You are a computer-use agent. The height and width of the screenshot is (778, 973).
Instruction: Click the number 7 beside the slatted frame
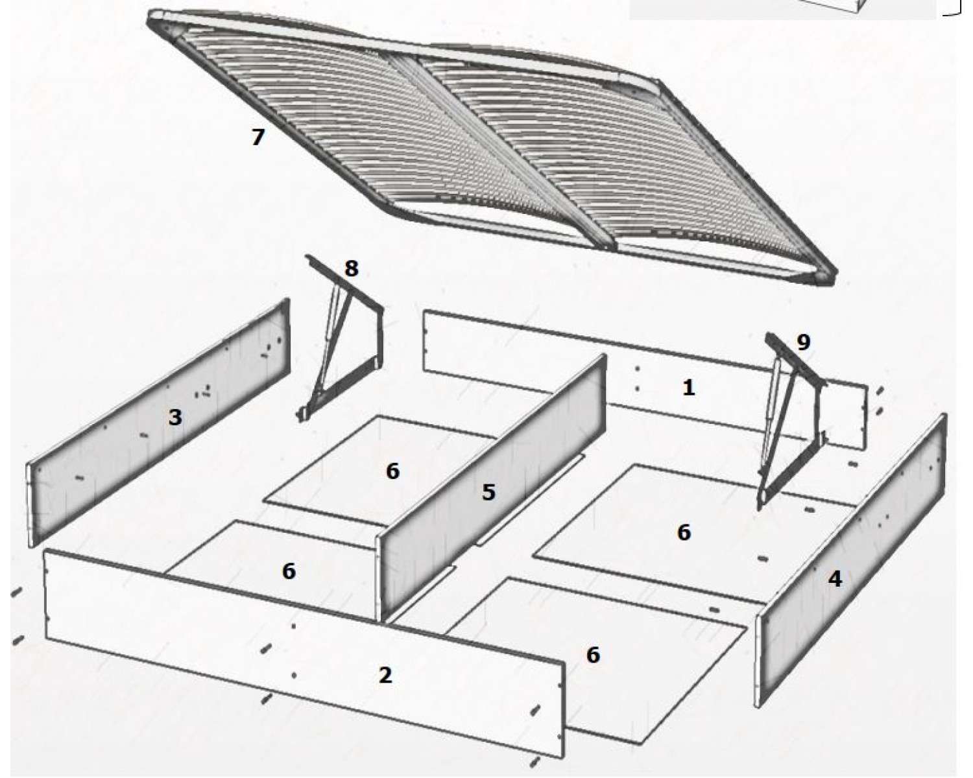tap(258, 137)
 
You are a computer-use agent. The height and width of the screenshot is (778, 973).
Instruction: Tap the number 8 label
tap(352, 268)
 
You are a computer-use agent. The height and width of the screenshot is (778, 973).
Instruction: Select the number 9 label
tap(803, 342)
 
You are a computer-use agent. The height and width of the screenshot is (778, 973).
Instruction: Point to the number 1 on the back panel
tap(688, 388)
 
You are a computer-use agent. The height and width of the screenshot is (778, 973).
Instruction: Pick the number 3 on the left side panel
tap(175, 418)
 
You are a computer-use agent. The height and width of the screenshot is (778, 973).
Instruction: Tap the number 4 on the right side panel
tap(835, 579)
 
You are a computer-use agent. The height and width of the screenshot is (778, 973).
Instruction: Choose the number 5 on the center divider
tap(488, 492)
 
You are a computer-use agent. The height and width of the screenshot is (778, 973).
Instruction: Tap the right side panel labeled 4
tap(850, 561)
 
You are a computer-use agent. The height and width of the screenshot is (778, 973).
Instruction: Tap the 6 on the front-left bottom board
tap(289, 571)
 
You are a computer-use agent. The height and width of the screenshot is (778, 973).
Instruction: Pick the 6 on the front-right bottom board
tap(593, 655)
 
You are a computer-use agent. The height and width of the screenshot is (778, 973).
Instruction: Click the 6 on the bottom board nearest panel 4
tap(684, 532)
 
